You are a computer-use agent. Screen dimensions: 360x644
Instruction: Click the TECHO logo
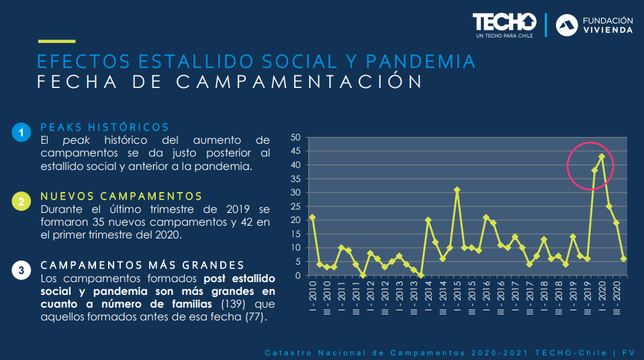pos(504,24)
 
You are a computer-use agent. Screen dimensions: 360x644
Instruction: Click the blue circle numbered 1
pos(21,133)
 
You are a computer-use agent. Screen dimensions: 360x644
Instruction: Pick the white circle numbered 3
pos(21,271)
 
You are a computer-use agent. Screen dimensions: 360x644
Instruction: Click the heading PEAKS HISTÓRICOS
pos(105,127)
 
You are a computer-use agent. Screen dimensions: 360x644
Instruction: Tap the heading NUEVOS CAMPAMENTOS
pos(121,196)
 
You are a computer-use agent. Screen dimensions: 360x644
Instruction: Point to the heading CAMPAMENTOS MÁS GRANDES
pos(142,265)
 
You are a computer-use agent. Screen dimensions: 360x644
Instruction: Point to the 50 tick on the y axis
pos(295,137)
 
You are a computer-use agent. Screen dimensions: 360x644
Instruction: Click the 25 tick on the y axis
pos(295,206)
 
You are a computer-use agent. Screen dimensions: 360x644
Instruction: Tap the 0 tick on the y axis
pos(297,275)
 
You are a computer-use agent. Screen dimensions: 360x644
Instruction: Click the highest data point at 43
pos(602,156)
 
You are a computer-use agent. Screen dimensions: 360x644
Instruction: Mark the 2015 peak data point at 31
pos(457,190)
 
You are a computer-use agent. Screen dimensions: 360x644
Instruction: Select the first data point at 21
pos(312,218)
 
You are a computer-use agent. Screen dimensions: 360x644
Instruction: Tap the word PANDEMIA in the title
pos(422,62)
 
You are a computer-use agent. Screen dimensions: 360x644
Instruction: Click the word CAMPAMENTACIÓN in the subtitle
pos(300,82)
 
